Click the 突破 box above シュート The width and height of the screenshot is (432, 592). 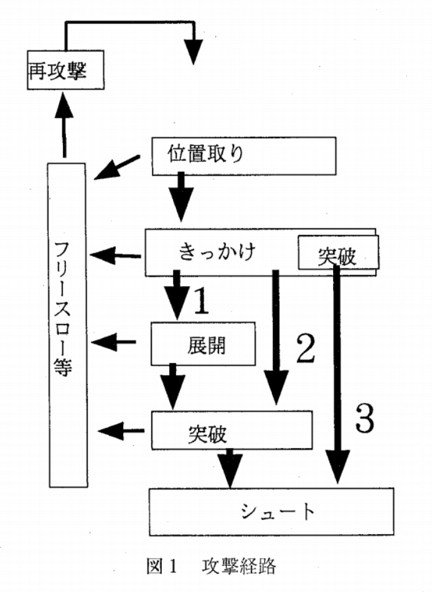[x=231, y=430]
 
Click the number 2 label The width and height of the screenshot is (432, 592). [x=304, y=350]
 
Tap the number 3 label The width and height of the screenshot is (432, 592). [x=364, y=419]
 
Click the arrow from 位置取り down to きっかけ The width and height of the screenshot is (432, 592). [x=182, y=196]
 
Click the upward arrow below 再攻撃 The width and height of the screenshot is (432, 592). [x=64, y=125]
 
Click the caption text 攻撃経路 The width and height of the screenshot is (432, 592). [x=238, y=566]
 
